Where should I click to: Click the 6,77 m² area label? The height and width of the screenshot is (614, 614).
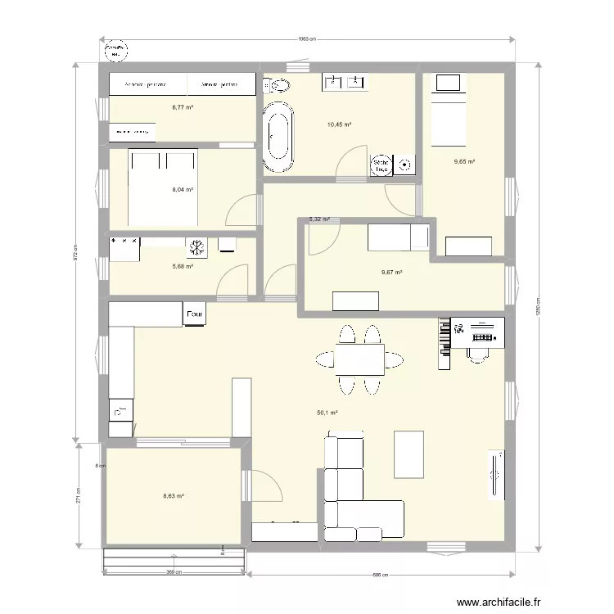(x=182, y=107)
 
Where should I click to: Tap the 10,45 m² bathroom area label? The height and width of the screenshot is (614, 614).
(x=339, y=124)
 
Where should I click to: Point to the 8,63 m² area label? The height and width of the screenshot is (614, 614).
(x=173, y=496)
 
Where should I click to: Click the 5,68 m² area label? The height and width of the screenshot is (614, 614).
(x=182, y=266)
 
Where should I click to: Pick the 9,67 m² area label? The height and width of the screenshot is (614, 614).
(x=391, y=273)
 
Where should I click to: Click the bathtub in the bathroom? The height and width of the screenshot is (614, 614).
(x=277, y=137)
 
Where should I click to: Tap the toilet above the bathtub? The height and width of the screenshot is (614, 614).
(x=276, y=84)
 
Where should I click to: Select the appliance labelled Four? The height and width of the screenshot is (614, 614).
(x=195, y=314)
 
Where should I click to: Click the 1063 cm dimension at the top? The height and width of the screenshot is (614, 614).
(x=306, y=38)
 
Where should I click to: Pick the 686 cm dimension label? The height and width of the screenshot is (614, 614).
(x=379, y=575)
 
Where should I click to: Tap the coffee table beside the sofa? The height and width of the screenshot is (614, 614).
(x=409, y=454)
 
